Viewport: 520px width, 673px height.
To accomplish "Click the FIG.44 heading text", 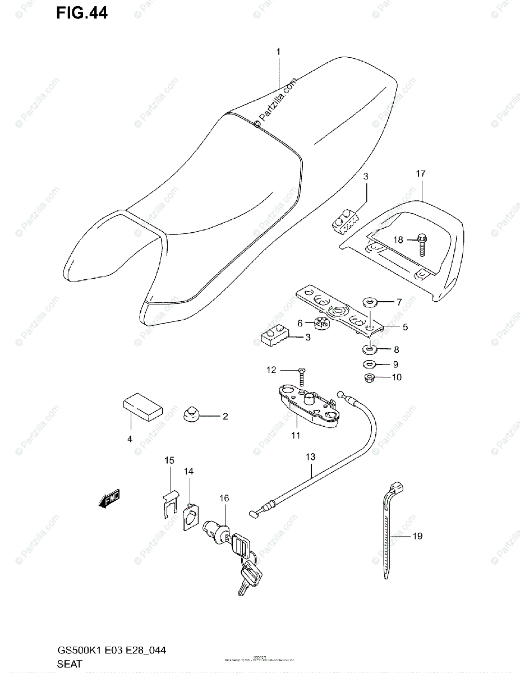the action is (x=81, y=12).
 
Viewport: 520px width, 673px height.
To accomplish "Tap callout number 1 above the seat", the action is (x=277, y=52).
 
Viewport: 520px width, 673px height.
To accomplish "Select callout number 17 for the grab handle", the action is (x=421, y=174).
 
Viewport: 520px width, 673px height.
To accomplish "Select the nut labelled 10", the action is (x=369, y=377).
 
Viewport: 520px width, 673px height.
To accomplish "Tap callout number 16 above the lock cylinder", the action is (x=224, y=497).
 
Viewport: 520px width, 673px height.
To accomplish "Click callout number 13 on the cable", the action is (x=311, y=457).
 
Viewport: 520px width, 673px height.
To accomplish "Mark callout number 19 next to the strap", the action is (x=417, y=537).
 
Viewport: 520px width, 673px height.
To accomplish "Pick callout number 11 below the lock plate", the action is (x=296, y=435).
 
